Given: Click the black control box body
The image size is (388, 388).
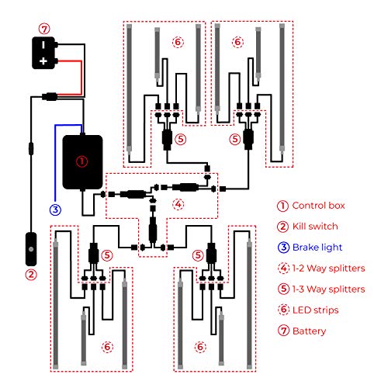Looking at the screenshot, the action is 82,162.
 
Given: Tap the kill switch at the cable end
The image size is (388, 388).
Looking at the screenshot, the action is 31,249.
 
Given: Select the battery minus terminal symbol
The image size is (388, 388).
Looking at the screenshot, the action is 43,45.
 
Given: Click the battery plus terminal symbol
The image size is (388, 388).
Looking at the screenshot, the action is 43,61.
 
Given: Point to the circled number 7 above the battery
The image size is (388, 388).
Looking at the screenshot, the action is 44,29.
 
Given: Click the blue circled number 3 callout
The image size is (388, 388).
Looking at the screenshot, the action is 55,210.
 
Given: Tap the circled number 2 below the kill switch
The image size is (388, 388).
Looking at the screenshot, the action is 31,275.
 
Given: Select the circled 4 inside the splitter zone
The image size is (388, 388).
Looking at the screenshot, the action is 178,204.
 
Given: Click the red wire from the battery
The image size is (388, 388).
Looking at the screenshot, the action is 81,78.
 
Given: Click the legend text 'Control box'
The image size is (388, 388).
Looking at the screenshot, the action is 318,206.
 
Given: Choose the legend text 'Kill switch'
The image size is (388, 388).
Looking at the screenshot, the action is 315,227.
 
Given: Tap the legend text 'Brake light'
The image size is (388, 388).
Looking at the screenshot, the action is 317,248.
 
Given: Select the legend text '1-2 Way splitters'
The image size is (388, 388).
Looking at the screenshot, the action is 328,268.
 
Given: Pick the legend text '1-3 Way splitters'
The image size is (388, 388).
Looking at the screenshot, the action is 328,289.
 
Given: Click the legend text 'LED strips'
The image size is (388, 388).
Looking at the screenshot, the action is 315,310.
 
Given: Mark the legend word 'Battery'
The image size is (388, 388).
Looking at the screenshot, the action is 309,331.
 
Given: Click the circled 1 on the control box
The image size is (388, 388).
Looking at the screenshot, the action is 81,161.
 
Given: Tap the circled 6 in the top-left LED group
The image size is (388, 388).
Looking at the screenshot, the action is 178,42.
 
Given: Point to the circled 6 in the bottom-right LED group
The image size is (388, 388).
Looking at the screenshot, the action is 200,347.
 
